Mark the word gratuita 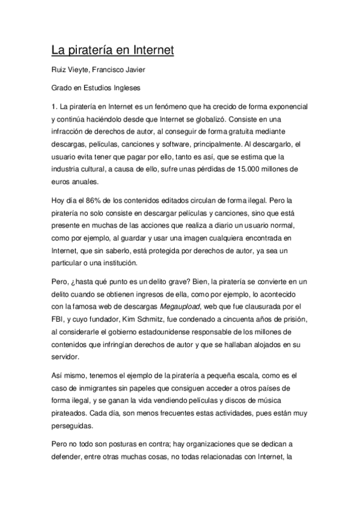pyautogui.click(x=256, y=132)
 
